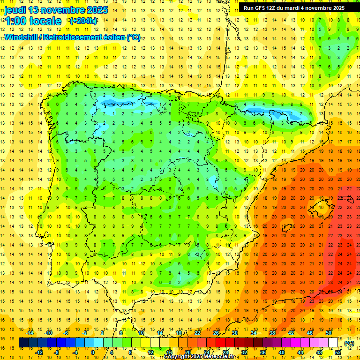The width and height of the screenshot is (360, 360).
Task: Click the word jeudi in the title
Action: pos(16,10)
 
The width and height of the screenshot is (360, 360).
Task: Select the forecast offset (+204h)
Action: pos(83,21)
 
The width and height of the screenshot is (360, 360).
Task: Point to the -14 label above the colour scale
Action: pos(30,333)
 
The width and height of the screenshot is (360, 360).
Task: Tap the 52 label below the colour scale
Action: pos(338,352)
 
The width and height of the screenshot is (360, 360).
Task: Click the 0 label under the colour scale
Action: pos(93,352)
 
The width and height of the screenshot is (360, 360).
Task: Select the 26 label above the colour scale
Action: pos(216,333)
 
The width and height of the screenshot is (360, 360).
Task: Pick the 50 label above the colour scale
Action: pos(328,333)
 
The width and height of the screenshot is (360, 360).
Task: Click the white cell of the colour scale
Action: pos(333,343)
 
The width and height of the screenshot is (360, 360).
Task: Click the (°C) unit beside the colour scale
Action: pos(349,343)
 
